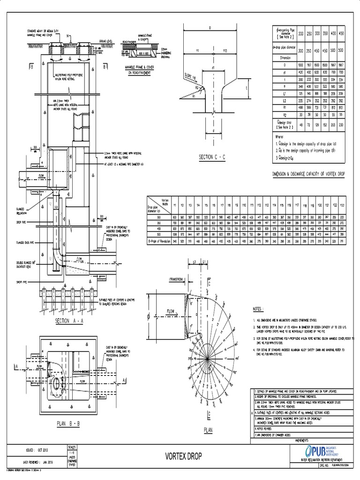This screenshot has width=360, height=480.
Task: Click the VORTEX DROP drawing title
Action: pyautogui.click(x=183, y=456)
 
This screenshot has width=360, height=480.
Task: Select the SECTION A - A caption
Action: pyautogui.click(x=69, y=321)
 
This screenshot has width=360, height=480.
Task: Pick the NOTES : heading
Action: pyautogui.click(x=259, y=310)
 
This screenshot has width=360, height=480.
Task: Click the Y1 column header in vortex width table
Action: pyautogui.click(x=175, y=204)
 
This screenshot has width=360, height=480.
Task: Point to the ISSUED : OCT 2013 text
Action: pyautogui.click(x=42, y=450)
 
